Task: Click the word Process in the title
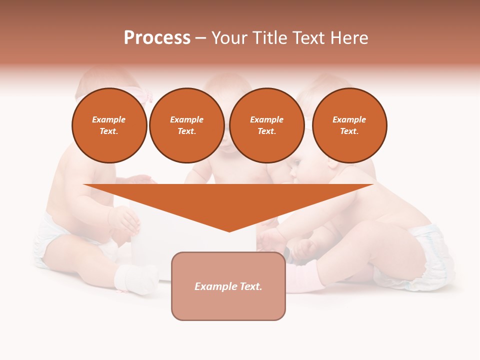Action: point(157,38)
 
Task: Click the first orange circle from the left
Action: point(109,125)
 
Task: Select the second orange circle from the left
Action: point(186,125)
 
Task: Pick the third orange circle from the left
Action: point(266,125)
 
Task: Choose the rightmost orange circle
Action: point(349,125)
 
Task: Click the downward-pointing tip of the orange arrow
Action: point(229,230)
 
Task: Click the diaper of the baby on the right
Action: point(430,255)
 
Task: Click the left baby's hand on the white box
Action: point(125,220)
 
